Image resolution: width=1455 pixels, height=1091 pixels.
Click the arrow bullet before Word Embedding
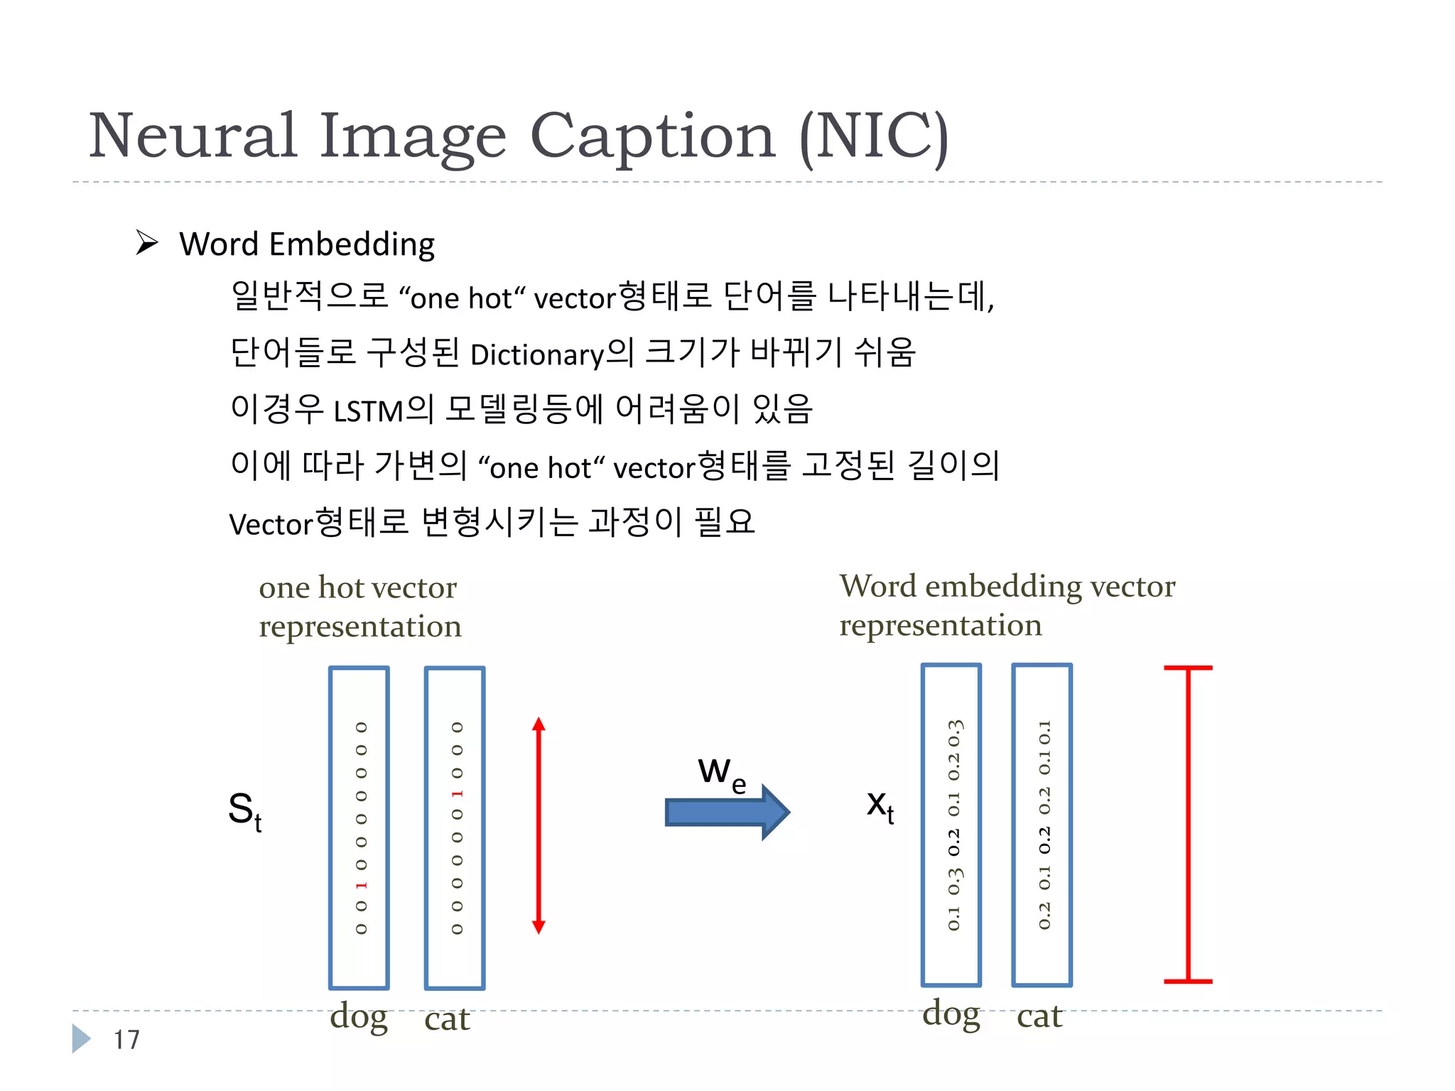click(x=147, y=243)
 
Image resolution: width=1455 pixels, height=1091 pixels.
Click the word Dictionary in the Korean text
click(x=537, y=354)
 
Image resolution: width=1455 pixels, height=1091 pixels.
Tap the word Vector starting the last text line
click(x=271, y=524)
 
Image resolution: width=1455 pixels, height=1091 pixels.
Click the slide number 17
click(x=126, y=1040)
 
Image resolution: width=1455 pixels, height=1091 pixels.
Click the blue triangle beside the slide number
click(x=81, y=1038)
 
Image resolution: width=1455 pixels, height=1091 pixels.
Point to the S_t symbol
click(x=244, y=810)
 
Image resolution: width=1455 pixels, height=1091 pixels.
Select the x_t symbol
click(x=880, y=806)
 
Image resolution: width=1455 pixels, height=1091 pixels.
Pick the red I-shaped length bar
click(x=1188, y=825)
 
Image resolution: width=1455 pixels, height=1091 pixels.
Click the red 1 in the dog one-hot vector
click(x=361, y=885)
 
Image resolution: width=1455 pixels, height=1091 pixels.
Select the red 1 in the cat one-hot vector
click(x=457, y=793)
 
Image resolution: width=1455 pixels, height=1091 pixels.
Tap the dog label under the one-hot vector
click(x=359, y=1017)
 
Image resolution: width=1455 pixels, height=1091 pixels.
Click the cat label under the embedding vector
click(x=1039, y=1016)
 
